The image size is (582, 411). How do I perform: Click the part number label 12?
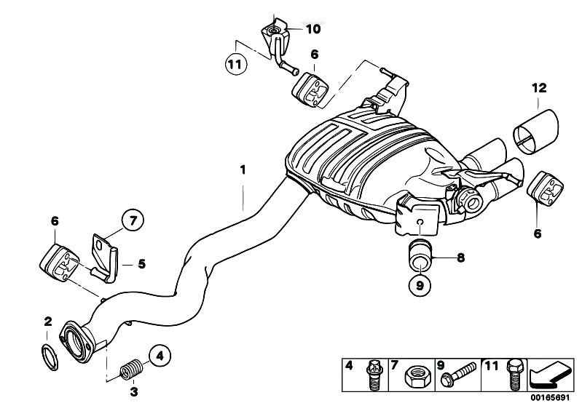coord(538,88)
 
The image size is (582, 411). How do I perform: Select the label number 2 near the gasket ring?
coord(47,322)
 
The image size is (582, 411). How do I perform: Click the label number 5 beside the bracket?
coord(141,264)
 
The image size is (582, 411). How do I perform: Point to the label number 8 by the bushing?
coord(460,257)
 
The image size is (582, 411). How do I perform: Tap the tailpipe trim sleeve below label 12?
coord(534,131)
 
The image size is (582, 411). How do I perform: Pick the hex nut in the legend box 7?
coord(409,378)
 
